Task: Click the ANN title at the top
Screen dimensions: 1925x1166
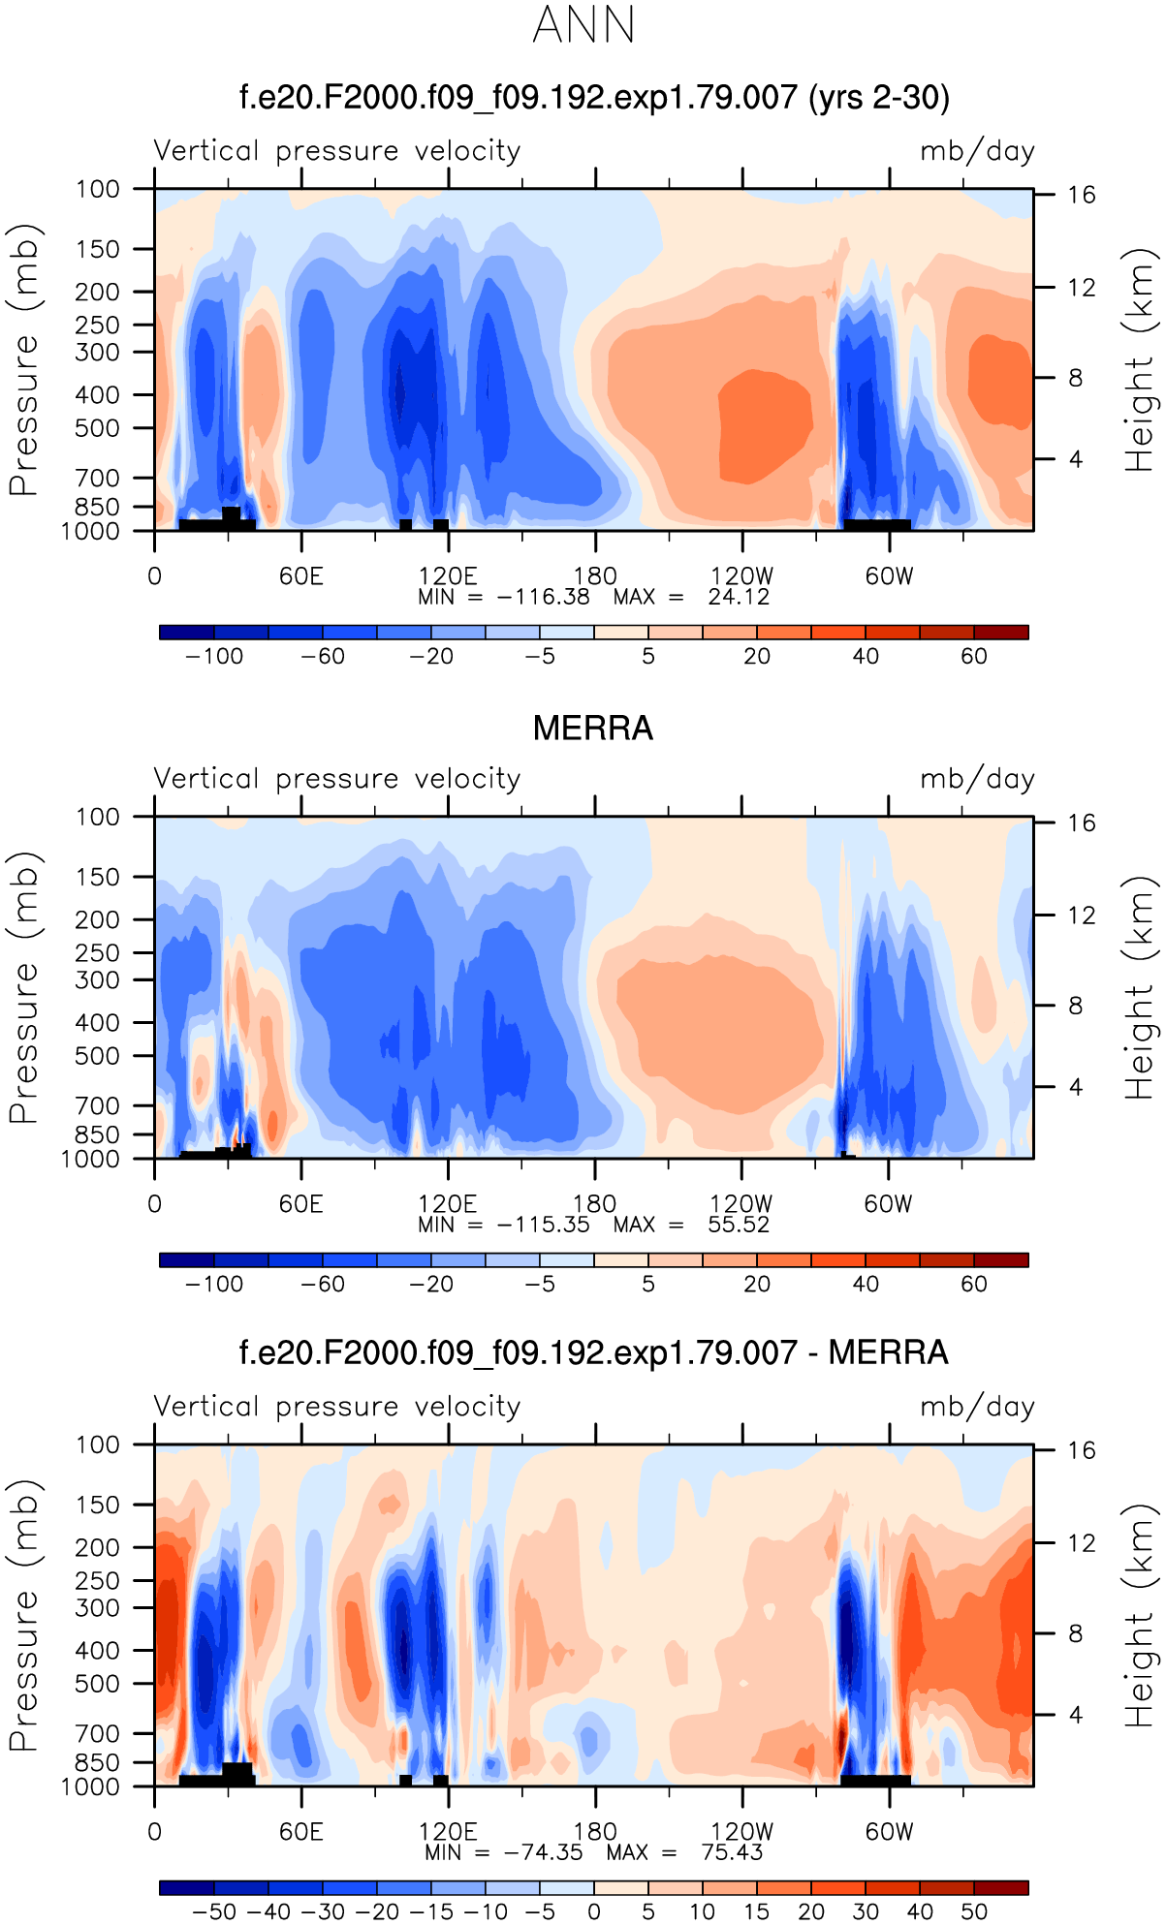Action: coord(583,25)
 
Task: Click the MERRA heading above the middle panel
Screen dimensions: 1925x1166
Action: coord(593,729)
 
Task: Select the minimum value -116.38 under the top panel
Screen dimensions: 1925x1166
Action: coord(543,597)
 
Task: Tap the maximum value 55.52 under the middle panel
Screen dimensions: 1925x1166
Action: coord(739,1225)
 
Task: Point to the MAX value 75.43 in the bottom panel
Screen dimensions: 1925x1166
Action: coord(732,1852)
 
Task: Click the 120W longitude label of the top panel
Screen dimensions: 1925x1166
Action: coord(741,576)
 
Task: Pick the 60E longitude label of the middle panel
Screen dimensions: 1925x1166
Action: coord(300,1204)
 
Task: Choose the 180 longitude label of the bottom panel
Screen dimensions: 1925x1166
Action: coord(594,1832)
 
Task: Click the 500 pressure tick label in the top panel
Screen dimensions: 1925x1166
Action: coord(99,428)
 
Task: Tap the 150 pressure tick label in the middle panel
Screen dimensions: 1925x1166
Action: coord(99,877)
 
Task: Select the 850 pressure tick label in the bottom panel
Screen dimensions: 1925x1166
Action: coord(99,1762)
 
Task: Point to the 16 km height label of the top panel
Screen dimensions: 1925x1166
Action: coord(1082,195)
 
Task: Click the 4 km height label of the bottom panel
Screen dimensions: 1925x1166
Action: coord(1076,1715)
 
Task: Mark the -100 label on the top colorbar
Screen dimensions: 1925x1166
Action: coord(214,657)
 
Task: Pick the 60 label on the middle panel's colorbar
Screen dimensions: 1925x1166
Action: coord(974,1285)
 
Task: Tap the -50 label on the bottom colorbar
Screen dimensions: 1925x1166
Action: coord(214,1912)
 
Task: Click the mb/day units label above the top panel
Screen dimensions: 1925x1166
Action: coord(977,151)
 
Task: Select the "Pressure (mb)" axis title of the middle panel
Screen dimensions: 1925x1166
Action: coord(23,988)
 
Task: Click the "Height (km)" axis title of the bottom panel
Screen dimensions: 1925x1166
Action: coord(1141,1616)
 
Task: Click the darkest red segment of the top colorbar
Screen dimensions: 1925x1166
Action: coord(1000,633)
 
